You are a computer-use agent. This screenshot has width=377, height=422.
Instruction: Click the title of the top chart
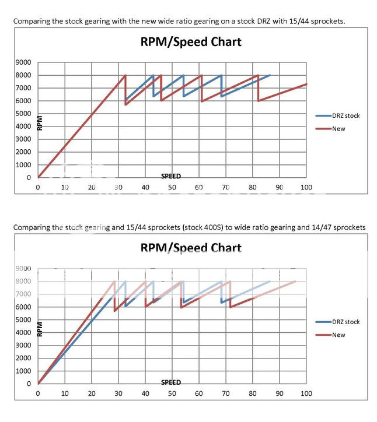point(190,42)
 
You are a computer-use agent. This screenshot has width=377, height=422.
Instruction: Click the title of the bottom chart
point(190,248)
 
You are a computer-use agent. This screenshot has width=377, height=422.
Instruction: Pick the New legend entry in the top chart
point(338,128)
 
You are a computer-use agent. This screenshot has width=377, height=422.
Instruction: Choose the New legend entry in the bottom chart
point(338,335)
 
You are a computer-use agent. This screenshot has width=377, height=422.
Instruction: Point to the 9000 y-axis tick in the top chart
point(24,62)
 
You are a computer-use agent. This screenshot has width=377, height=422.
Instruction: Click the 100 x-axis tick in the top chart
point(306,188)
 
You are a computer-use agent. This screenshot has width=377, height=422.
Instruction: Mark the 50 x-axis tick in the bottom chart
point(172,394)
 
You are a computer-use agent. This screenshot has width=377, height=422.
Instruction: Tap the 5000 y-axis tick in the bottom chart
point(24,320)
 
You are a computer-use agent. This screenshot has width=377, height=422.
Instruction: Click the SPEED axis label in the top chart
point(171,176)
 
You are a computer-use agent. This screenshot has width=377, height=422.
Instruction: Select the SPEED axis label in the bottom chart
point(171,382)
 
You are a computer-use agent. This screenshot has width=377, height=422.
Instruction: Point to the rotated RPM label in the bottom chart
point(40,330)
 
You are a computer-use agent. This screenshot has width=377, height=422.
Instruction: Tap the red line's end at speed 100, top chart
point(306,84)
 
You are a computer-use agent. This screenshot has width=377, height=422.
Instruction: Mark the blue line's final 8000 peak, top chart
point(269,75)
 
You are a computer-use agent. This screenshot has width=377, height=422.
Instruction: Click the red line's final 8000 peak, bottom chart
point(295,282)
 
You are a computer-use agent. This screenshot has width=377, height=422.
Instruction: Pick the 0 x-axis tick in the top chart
point(38,188)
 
